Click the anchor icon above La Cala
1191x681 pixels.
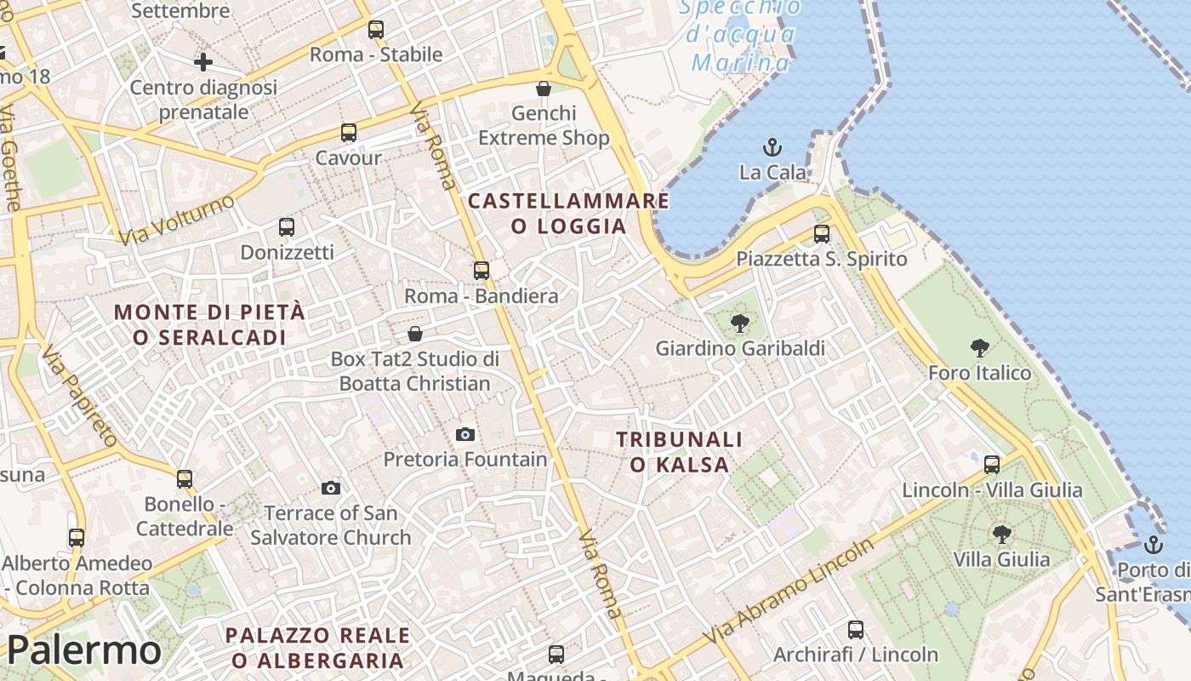[x=772, y=147]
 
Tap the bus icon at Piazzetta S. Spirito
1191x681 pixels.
[x=822, y=233]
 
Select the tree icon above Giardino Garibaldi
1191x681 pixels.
[x=740, y=323]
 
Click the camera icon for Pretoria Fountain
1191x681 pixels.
[x=464, y=434]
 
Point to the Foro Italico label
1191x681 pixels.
[x=979, y=373]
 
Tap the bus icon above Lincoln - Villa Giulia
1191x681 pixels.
[x=992, y=464]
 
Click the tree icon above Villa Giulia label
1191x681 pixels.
[x=1001, y=535]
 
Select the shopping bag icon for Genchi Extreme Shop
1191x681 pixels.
[x=544, y=88]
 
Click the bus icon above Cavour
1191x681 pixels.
[x=349, y=133]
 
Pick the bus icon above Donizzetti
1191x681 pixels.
[x=287, y=227]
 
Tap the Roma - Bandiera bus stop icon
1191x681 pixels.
[x=482, y=271]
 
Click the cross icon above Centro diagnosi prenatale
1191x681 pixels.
[x=203, y=62]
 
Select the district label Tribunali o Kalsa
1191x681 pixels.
[x=679, y=452]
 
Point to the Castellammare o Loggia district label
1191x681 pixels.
[x=568, y=214]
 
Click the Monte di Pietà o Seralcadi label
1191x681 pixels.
[x=209, y=324]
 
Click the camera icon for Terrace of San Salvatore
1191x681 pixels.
[x=331, y=488]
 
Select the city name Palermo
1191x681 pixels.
[x=83, y=651]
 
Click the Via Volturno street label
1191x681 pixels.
[x=178, y=219]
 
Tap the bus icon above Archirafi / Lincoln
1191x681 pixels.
[x=856, y=630]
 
